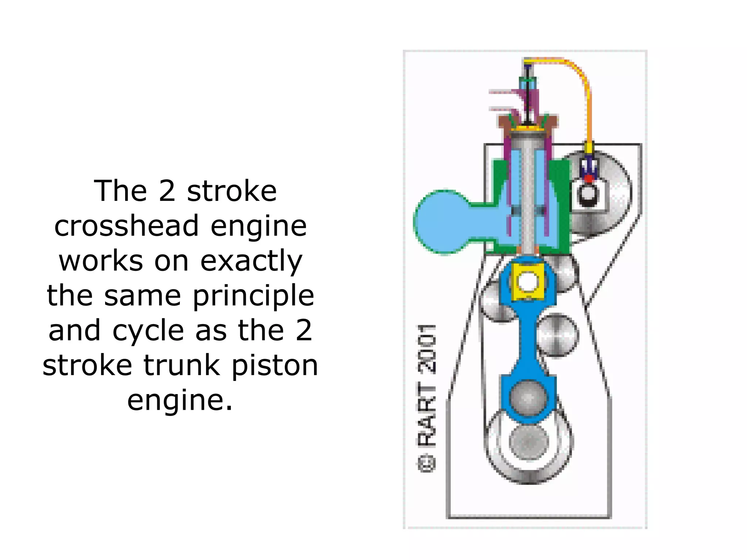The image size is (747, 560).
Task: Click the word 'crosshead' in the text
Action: point(127,226)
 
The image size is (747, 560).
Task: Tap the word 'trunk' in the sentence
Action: point(182,365)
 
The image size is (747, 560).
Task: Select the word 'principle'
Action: point(253,296)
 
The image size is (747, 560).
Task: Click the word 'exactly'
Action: point(251,261)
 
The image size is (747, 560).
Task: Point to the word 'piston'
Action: point(275,365)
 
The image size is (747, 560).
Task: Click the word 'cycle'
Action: point(148,331)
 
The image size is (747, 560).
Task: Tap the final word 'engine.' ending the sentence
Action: point(180,400)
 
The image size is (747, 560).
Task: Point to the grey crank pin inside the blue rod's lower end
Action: point(529,397)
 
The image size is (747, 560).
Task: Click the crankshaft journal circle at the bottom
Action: point(529,442)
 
